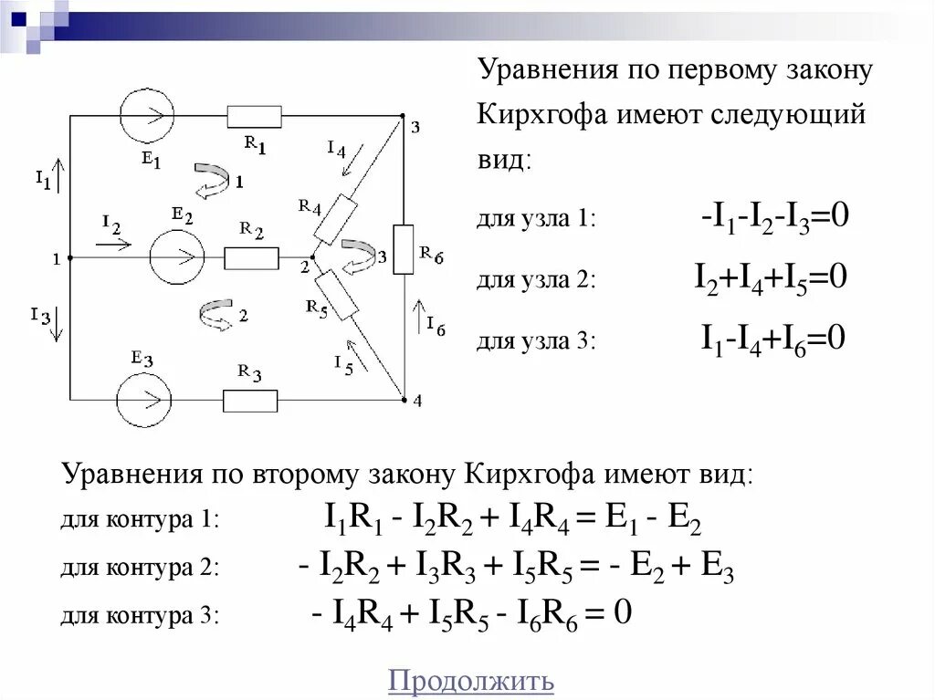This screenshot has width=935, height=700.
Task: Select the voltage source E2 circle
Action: click(177, 257)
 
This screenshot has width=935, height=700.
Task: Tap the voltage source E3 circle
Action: click(143, 400)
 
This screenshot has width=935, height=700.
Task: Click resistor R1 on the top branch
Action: click(255, 116)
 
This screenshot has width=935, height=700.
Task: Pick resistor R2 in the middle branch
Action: click(251, 258)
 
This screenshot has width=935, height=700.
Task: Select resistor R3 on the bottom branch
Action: click(250, 400)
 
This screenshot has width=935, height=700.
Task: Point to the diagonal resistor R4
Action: click(333, 219)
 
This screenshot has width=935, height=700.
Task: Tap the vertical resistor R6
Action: click(403, 249)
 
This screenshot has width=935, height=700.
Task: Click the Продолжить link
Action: click(471, 681)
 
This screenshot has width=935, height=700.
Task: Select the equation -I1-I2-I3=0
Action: click(775, 217)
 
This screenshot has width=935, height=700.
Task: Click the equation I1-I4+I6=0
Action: click(772, 340)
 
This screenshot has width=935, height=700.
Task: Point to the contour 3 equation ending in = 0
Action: click(471, 612)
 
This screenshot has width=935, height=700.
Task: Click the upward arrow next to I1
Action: click(60, 173)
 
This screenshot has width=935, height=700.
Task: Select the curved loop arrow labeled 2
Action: click(215, 315)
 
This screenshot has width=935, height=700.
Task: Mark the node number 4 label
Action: click(417, 401)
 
